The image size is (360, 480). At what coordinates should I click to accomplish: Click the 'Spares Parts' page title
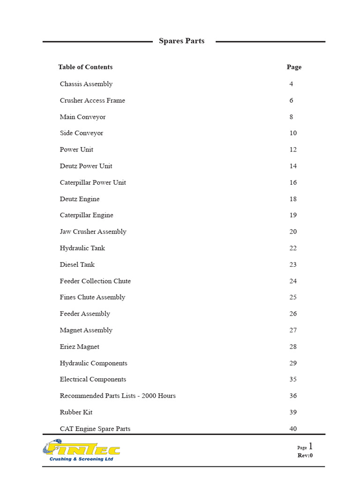tap(181, 41)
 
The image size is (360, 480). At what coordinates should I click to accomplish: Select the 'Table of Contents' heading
tap(85, 67)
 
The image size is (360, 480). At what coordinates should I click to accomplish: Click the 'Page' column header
tap(294, 67)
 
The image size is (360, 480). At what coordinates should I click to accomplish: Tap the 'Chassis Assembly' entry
tap(86, 84)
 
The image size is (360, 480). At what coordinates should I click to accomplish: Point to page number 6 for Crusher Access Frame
tap(291, 100)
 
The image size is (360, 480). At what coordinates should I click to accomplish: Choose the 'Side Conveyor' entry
tap(82, 133)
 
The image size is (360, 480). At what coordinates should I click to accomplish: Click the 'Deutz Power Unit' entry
tap(86, 166)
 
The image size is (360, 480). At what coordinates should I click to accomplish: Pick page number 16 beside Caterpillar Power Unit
tap(293, 182)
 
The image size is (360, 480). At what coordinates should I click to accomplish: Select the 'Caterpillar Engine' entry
tap(87, 215)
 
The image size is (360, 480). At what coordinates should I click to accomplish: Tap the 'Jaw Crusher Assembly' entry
tap(93, 232)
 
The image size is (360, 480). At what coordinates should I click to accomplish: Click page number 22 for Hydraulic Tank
tap(293, 248)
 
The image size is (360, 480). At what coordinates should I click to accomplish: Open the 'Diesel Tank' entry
tap(77, 264)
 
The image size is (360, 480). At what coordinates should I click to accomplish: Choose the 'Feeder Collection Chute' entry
tap(95, 281)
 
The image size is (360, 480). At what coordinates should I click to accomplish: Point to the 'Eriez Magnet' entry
tap(80, 346)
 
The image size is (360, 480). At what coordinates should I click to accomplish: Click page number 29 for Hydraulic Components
tap(293, 363)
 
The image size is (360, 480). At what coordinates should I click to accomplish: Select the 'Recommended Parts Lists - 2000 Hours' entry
tap(118, 396)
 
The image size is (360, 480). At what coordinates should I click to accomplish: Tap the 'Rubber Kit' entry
tap(76, 412)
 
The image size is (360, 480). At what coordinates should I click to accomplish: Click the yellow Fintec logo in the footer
tap(82, 450)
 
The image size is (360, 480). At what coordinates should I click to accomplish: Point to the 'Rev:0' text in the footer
tap(305, 455)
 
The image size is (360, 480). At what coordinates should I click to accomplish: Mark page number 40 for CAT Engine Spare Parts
tap(293, 428)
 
